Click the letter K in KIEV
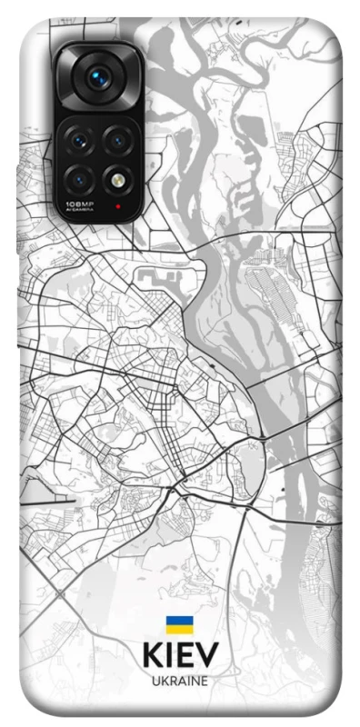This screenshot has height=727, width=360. [151, 655]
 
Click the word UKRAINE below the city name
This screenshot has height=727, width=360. [179, 680]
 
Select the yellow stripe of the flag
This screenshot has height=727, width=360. [179, 629]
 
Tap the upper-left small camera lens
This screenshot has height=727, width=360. [80, 140]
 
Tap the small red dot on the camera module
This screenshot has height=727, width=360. [118, 205]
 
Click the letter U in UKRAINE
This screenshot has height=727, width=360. [155, 680]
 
